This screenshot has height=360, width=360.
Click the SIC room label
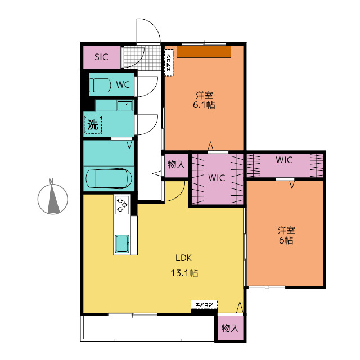coord(101,57)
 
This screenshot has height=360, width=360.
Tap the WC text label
coord(123,85)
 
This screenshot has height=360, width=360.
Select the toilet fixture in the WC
coord(100,85)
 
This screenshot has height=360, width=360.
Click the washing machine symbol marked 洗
coord(93,125)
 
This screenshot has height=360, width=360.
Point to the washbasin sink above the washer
coord(125,106)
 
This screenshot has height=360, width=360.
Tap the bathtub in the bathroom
coord(109,179)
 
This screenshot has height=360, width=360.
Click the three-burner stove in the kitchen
coord(122,205)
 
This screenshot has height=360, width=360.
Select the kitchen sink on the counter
coord(122,244)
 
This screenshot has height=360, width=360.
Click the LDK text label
coord(183,258)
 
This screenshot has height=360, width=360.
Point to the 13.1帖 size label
coord(184,273)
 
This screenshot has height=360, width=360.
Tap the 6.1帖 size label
coord(204,105)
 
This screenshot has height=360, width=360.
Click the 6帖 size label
coord(286,240)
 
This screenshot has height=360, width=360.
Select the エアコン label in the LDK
coord(204,305)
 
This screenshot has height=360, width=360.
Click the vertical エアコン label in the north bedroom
coord(169,62)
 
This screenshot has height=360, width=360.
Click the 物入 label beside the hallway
coord(176,165)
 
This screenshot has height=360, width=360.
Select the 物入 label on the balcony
coord(230,328)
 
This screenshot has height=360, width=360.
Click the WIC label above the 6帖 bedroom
coord(284,160)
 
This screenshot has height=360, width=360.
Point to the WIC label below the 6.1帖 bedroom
coord(217,178)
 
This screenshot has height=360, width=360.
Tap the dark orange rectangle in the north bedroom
coord(204,51)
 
